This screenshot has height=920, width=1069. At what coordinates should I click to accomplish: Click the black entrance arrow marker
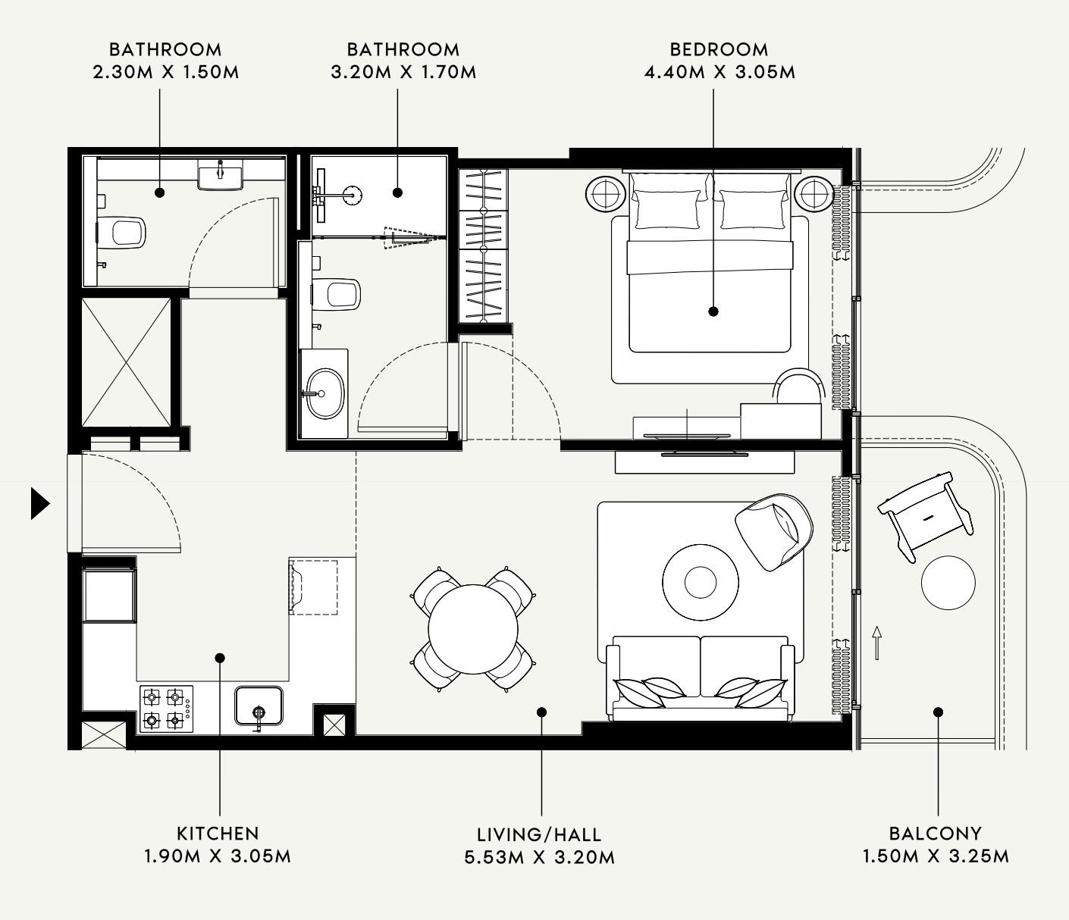40,503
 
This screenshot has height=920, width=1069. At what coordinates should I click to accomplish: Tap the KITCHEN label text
218,834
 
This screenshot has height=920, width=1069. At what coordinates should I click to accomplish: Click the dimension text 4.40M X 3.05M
719,73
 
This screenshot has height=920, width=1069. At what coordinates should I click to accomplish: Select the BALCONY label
935,834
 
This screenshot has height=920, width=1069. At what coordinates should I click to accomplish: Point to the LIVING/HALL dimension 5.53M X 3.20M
539,857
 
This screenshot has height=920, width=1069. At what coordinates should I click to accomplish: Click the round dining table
473,629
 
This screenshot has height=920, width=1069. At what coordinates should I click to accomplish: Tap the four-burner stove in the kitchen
166,708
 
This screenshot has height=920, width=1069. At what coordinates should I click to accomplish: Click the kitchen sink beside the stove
259,706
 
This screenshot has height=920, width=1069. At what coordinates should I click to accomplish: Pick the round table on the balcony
948,583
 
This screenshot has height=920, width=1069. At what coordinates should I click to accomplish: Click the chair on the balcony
925,516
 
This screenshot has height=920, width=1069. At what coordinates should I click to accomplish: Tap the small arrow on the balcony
877,643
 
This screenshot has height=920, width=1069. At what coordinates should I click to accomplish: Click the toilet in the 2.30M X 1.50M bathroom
127,232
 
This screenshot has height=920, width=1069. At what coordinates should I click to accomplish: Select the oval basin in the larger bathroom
324,393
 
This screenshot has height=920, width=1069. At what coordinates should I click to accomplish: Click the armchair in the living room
773,530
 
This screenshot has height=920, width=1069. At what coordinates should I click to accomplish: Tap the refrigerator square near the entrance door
109,596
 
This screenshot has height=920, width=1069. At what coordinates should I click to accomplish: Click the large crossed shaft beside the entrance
126,362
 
